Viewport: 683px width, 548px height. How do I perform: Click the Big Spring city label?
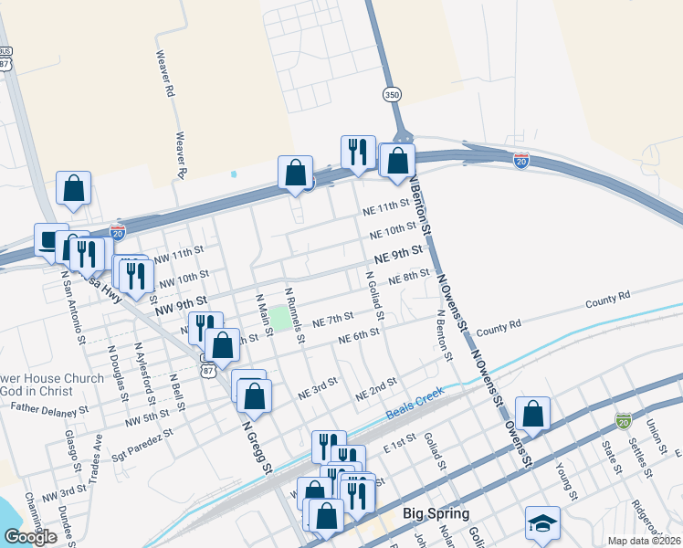pos(436,514)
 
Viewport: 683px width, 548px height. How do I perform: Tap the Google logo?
pos(30,537)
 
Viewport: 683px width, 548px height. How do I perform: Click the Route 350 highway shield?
pos(392,93)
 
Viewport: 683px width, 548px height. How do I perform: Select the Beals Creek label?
pos(416,399)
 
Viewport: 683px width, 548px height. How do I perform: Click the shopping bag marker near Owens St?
pos(533,414)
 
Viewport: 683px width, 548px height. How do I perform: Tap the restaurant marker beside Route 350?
pos(358,152)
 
